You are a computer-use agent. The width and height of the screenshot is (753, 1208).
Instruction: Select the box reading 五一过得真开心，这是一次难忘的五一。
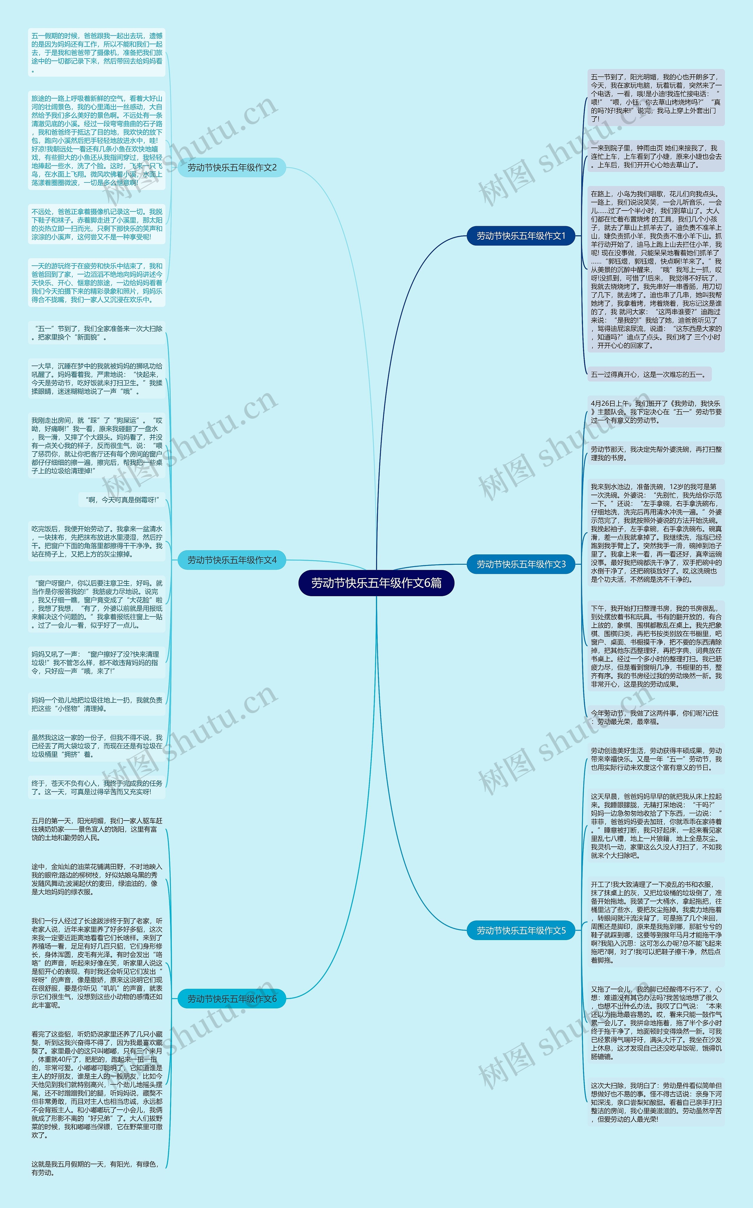(x=648, y=374)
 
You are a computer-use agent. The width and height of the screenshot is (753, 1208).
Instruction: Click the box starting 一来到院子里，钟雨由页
(x=655, y=156)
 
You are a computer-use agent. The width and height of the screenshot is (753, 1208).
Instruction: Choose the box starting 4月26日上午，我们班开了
(x=655, y=412)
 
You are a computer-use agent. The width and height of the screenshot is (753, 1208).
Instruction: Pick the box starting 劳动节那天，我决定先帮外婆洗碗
(x=655, y=453)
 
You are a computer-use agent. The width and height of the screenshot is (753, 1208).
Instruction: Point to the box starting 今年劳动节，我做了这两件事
(x=655, y=717)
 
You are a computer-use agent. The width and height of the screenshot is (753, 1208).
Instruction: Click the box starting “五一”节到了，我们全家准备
(x=96, y=333)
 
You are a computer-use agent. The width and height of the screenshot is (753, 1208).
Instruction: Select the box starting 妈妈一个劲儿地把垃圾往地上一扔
(x=96, y=704)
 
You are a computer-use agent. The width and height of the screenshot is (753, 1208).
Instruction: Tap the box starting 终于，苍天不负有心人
(x=96, y=787)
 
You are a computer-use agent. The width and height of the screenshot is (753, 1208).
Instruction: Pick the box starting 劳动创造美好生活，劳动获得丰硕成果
(x=655, y=759)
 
